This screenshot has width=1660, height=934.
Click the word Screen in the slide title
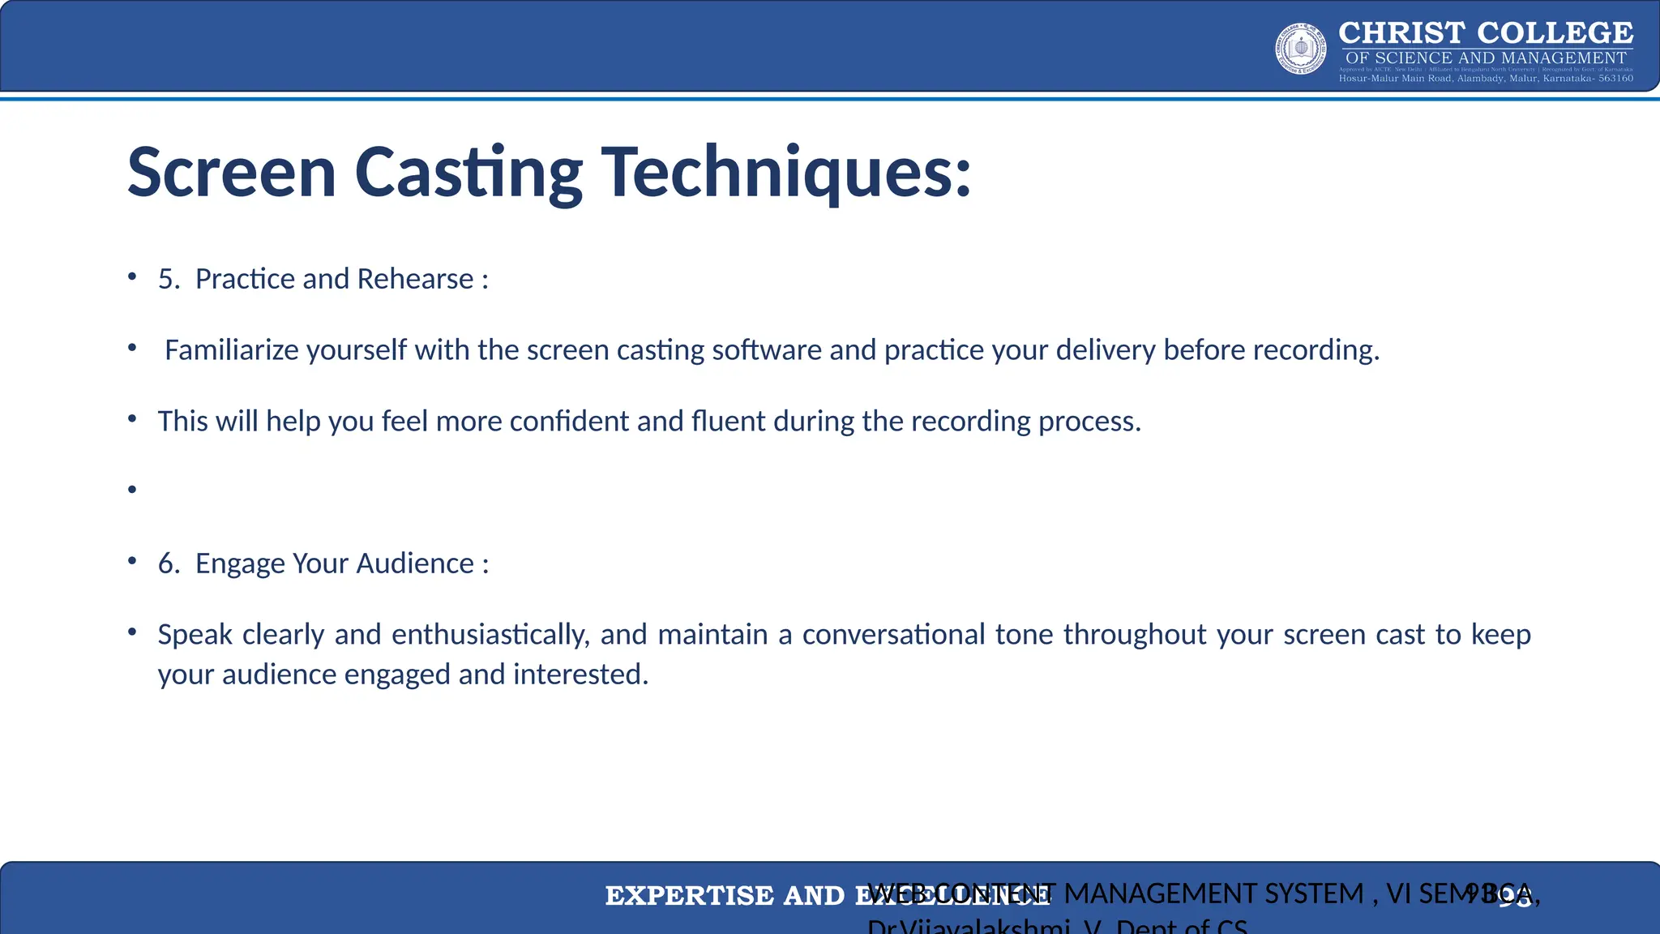tap(232, 173)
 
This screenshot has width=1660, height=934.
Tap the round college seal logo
tap(1300, 49)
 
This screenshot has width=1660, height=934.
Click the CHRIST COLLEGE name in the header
tap(1485, 33)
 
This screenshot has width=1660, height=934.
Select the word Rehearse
tap(415, 279)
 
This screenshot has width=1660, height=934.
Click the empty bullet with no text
tap(132, 490)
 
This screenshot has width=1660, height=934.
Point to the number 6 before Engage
tap(168, 563)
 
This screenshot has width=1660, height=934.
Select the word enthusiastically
tap(490, 635)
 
